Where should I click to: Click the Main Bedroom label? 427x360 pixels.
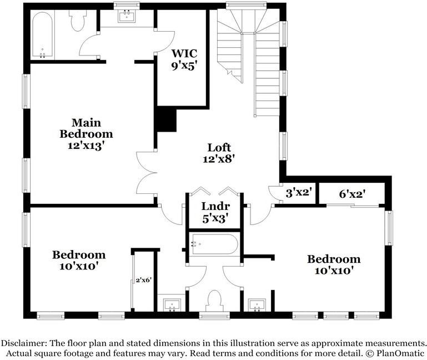point(86,128)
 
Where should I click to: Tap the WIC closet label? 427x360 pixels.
point(184,54)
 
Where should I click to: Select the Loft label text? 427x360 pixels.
point(219,148)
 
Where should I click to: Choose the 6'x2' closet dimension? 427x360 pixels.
point(352,194)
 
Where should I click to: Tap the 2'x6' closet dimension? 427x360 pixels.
point(144,280)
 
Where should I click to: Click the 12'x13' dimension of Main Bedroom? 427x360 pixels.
point(86,145)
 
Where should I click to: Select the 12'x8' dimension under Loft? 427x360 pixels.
point(219,158)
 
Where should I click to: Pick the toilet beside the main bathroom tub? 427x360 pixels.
point(78,21)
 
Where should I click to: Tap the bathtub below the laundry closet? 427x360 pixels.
point(214,244)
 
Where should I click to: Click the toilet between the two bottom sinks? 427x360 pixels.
point(214,301)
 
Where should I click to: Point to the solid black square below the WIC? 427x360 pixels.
point(166,119)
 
